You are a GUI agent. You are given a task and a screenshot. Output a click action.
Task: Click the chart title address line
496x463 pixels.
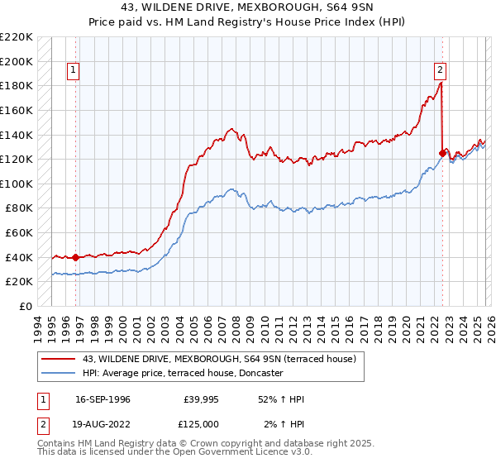pos(247,8)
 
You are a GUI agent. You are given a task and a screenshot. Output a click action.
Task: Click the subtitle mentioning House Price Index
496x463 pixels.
pos(247,22)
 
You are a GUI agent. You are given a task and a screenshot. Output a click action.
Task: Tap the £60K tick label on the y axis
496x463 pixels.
pos(19,233)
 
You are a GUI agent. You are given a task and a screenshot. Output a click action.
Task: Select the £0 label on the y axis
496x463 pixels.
pos(25,306)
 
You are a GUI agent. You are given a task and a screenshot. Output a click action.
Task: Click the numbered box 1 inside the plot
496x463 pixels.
pos(74,71)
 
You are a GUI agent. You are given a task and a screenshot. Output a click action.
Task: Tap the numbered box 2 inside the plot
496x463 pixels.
pos(441,71)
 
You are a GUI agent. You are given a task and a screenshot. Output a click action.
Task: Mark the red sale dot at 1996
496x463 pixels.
pos(75,257)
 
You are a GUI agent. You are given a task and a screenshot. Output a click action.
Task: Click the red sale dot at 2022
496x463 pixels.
pos(441,153)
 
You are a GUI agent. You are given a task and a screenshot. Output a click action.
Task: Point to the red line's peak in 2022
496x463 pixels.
pos(441,83)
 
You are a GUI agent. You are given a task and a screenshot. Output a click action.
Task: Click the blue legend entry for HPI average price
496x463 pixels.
pos(182,374)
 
